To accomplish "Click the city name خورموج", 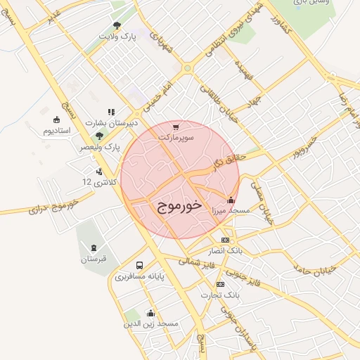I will [x=176, y=205].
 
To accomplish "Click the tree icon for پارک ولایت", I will [x=117, y=25].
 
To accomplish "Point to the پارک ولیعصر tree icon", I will [x=98, y=136].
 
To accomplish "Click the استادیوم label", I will [x=57, y=131].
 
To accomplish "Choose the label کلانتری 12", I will [x=97, y=181].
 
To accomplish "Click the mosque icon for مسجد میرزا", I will [x=231, y=200].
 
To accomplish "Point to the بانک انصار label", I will [x=226, y=250].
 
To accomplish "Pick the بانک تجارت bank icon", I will [x=221, y=284].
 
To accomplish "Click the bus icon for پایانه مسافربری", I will [x=139, y=266].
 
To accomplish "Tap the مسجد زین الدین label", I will [x=150, y=323].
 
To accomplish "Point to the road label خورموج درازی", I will [x=61, y=206].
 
